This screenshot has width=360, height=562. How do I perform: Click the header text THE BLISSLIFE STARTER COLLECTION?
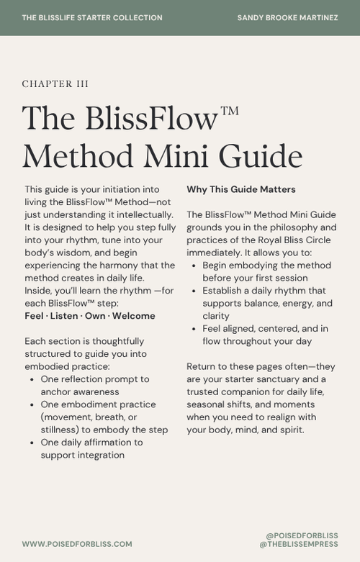coord(92,18)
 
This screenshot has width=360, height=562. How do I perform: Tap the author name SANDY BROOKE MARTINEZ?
coord(287,18)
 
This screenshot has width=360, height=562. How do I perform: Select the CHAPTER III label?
coord(55,84)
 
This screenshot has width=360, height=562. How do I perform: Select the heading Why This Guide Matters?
coord(240,190)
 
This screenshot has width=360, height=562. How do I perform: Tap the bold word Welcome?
coord(133,316)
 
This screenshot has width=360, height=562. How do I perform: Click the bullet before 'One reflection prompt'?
coord(32,379)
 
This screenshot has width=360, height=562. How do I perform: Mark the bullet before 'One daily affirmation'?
coord(32,443)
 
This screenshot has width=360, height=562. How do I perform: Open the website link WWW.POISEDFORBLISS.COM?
coord(77,544)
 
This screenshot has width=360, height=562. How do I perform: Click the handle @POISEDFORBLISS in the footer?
coord(302,536)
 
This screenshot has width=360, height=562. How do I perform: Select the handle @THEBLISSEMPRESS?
coord(298,545)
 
